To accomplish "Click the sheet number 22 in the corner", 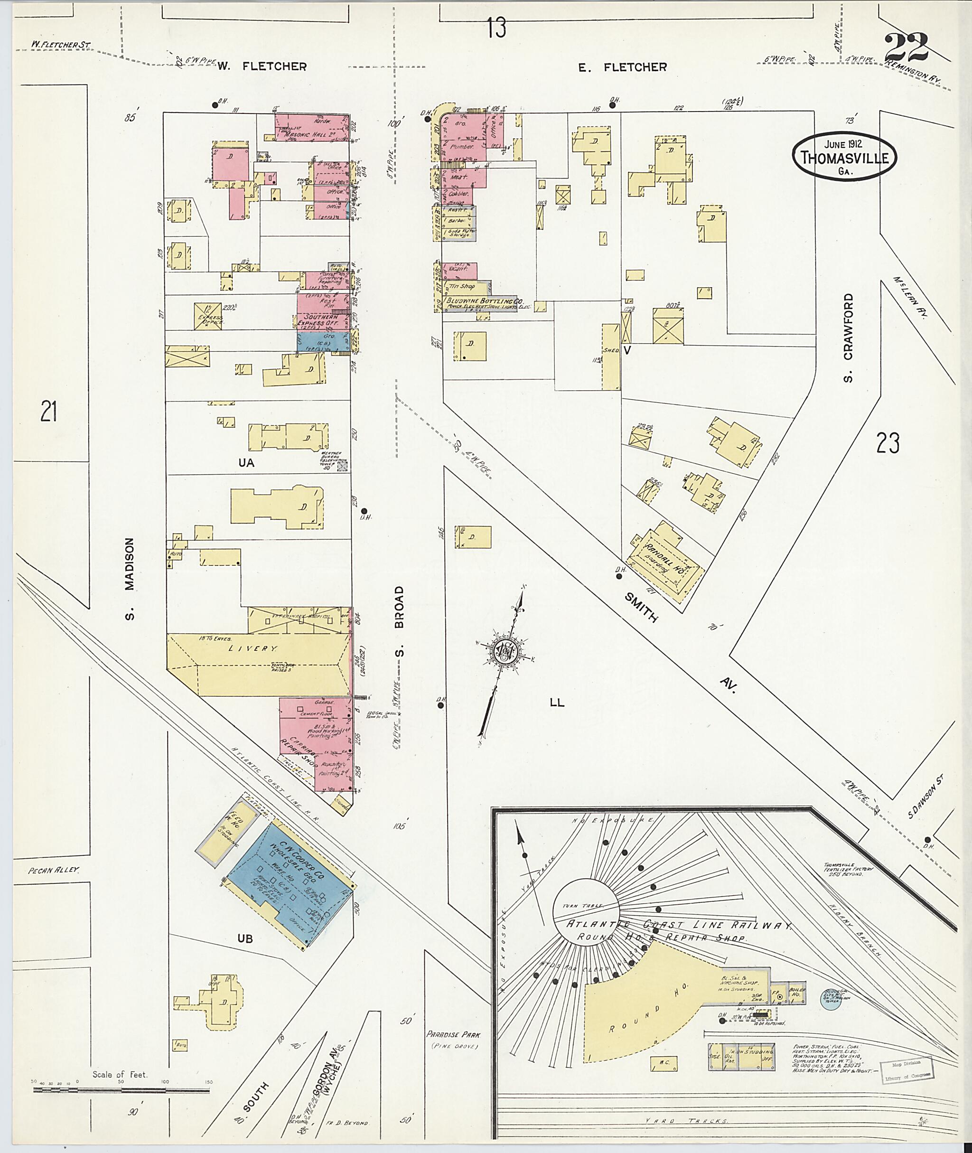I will point(907,48).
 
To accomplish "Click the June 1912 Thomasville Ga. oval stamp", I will point(843,156).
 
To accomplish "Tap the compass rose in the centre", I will point(503,653).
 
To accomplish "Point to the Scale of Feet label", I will point(120,1074).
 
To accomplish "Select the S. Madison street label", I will point(130,579).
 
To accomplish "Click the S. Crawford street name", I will point(848,338).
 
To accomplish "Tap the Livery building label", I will point(253,649).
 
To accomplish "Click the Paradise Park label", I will point(453,1034).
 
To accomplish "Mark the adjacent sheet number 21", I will point(48,411).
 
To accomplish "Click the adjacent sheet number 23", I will point(887,442).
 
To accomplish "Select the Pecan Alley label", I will point(54,870).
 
